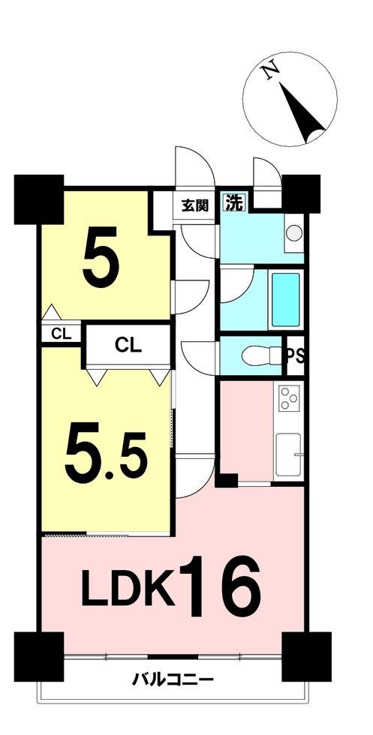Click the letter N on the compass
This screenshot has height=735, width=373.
(x=271, y=72)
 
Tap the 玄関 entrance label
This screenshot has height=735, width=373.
(x=194, y=205)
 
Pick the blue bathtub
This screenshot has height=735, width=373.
(x=285, y=300)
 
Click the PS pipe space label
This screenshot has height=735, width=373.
(x=295, y=355)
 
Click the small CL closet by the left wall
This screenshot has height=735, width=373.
(x=61, y=334)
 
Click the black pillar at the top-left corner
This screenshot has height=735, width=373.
(x=39, y=199)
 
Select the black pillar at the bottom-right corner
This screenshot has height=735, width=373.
(x=306, y=656)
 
